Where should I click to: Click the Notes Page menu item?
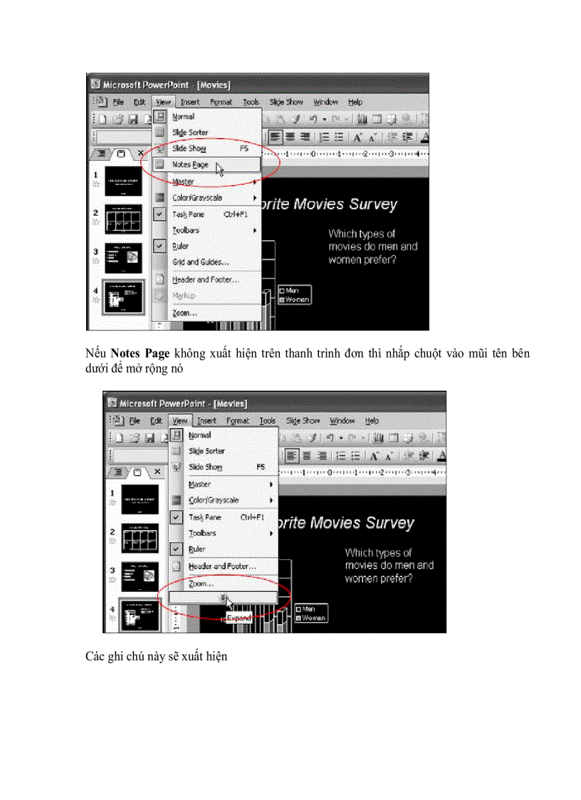pyautogui.click(x=190, y=165)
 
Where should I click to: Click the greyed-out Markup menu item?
pyautogui.click(x=184, y=296)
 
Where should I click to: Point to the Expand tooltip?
pyautogui.click(x=239, y=618)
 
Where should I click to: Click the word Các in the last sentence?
pyautogui.click(x=95, y=656)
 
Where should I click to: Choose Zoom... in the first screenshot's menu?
pyautogui.click(x=184, y=313)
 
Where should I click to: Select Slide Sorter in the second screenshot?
pyautogui.click(x=206, y=451)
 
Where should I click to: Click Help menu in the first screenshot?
pyautogui.click(x=355, y=103)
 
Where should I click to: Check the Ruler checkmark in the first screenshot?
pyautogui.click(x=160, y=246)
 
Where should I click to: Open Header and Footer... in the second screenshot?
pyautogui.click(x=221, y=566)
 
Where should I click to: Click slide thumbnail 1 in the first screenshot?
pyautogui.click(x=125, y=181)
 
